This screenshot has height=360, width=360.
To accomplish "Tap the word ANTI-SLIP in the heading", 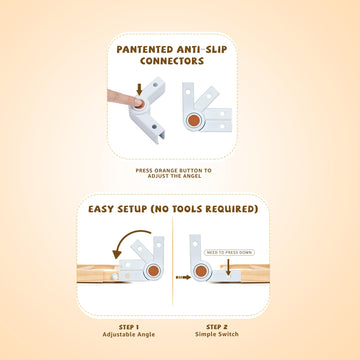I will [217, 47].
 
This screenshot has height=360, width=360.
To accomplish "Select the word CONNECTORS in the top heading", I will [181, 61].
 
